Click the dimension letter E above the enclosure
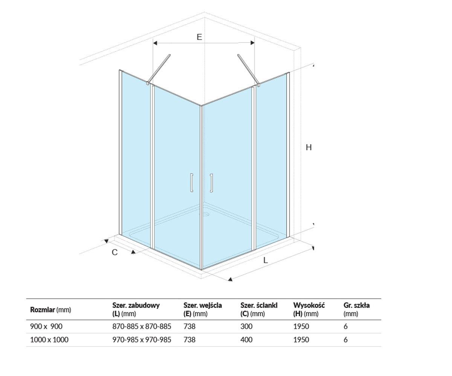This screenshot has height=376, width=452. tap(199, 37)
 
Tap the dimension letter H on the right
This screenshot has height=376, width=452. tap(308, 147)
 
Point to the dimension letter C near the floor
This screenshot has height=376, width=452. tap(115, 252)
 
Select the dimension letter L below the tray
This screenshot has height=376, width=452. tap(266, 260)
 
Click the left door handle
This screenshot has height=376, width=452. tap(191, 183)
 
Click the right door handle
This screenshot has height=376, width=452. tap(211, 183)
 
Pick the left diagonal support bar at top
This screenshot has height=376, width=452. tap(159, 69)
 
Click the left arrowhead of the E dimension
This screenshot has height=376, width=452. tap(155, 43)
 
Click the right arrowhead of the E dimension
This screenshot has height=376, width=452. tap(252, 43)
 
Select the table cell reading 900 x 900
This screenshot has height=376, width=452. tap(46, 326)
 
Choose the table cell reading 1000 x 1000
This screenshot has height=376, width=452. tap(49, 340)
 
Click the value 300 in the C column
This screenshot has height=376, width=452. tap(246, 326)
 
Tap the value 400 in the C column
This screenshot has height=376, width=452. tap(246, 340)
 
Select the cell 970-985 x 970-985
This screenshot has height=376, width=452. tap(142, 340)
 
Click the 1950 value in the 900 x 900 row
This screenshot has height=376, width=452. tap(301, 326)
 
